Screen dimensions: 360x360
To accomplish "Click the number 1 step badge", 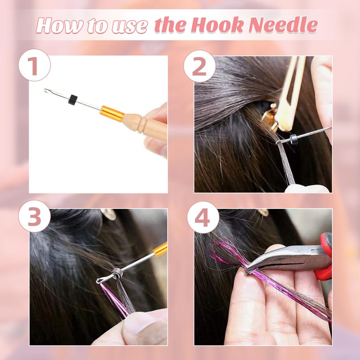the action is pyautogui.click(x=34, y=65).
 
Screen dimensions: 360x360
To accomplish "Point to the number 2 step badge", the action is pyautogui.click(x=200, y=66).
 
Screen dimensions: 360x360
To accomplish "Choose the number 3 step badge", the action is pyautogui.click(x=34, y=216).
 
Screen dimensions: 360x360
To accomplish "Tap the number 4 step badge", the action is pyautogui.click(x=203, y=217).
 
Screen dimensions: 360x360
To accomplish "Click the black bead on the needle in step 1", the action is pyautogui.click(x=73, y=99).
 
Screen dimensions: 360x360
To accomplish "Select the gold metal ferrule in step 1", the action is pyautogui.click(x=112, y=114).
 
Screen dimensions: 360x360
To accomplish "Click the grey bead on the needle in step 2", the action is pyautogui.click(x=294, y=139).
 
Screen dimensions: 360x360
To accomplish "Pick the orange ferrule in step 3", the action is pyautogui.click(x=160, y=249).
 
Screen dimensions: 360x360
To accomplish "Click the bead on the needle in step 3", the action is pyautogui.click(x=116, y=272).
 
